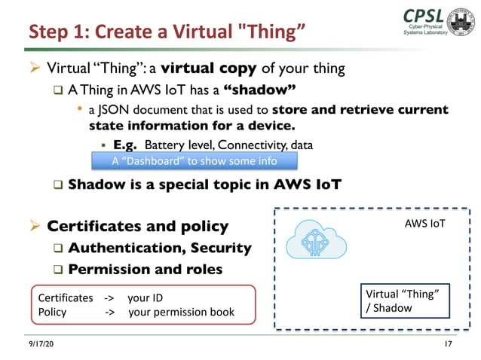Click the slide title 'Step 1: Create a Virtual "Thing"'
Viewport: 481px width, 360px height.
click(x=167, y=32)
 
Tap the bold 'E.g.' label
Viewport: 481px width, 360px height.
click(x=125, y=145)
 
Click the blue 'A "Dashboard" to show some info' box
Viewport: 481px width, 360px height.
click(x=194, y=161)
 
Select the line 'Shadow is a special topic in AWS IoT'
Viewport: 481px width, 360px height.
click(x=204, y=185)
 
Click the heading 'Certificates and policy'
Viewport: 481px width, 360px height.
click(x=138, y=226)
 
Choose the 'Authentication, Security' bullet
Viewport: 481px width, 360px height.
click(x=159, y=248)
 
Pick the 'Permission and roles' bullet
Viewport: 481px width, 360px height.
click(x=145, y=269)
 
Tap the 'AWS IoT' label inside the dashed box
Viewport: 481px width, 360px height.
click(x=425, y=224)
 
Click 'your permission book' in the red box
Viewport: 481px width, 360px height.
click(x=181, y=312)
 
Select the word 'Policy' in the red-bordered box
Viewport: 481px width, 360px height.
click(x=52, y=312)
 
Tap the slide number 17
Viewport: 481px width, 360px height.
click(x=447, y=344)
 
